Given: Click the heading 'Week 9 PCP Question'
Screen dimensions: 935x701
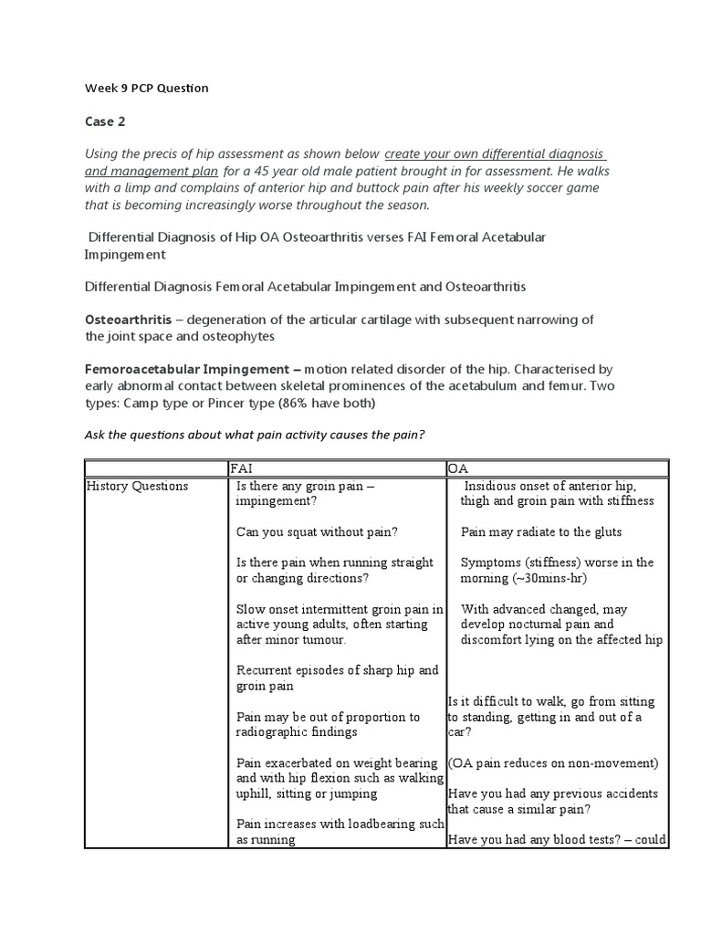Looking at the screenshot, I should coord(146,89).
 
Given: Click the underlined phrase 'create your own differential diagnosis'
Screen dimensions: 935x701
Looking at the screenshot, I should coord(495,153).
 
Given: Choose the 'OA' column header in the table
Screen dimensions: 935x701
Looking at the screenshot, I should coord(457,468).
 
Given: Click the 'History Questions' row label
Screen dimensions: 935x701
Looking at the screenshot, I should coord(137,487).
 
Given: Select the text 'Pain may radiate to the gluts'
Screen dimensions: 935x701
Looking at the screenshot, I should coord(541,531).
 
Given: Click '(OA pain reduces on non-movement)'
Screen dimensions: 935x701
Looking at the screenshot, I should coord(553,763).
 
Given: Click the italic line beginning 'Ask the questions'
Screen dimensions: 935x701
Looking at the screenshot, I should coord(255,436).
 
